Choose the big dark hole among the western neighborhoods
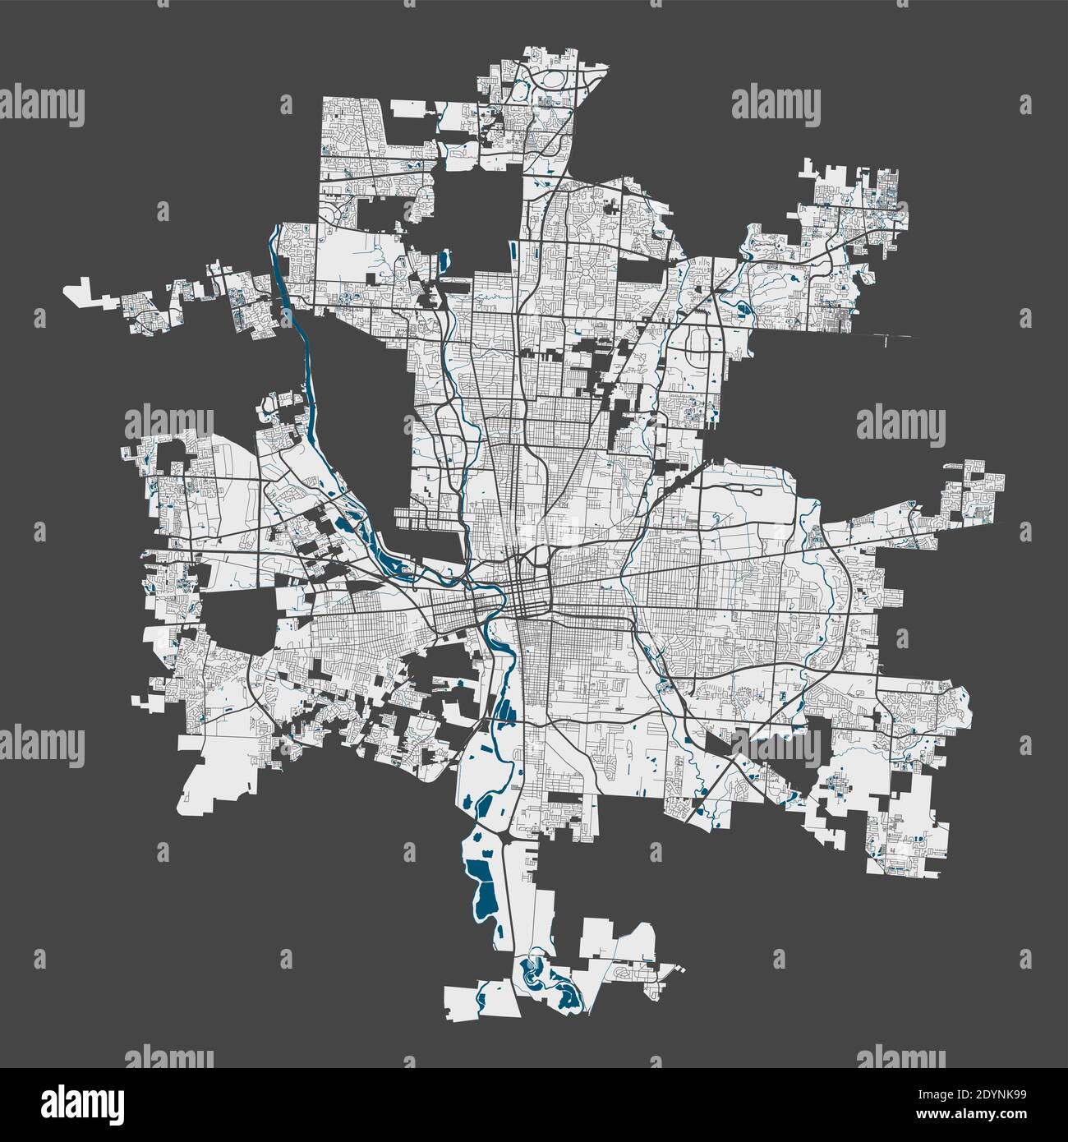pyautogui.click(x=238, y=620)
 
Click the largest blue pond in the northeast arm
pyautogui.click(x=745, y=311)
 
